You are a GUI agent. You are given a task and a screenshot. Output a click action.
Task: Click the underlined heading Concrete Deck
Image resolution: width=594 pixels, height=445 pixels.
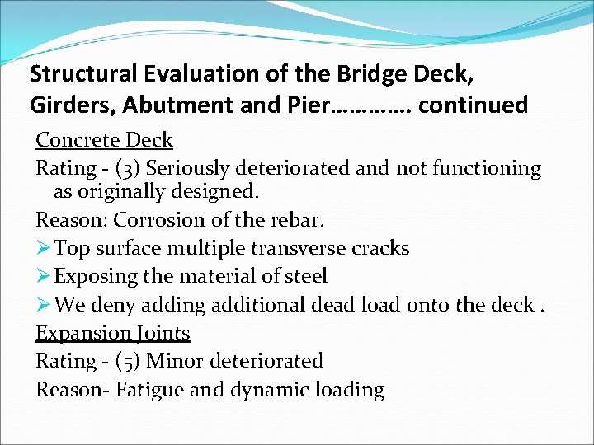pyautogui.click(x=104, y=140)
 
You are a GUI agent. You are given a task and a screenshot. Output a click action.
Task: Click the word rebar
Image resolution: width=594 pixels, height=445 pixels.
pyautogui.click(x=296, y=221)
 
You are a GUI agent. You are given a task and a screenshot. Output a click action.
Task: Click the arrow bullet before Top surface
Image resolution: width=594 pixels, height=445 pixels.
pyautogui.click(x=43, y=248)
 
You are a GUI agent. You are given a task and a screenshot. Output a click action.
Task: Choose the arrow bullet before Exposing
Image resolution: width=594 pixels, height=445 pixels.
pyautogui.click(x=43, y=276)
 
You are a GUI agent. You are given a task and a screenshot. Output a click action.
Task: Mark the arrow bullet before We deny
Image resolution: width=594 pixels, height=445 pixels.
pyautogui.click(x=43, y=305)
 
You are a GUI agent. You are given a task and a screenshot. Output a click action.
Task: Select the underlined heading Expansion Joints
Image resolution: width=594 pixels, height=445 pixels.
pyautogui.click(x=113, y=333)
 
